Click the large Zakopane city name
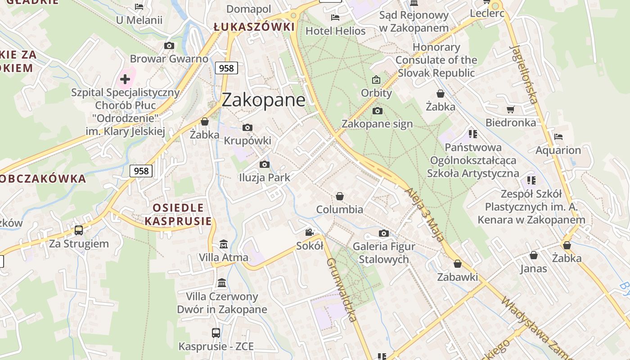pos(263,100)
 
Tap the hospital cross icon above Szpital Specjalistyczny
pos(125,80)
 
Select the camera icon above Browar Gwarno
pos(169,45)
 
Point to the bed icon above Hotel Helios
pos(335,18)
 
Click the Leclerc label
pos(487,13)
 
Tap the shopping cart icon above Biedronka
pos(510,109)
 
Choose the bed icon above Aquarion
pos(558,137)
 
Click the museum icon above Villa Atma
pos(223,244)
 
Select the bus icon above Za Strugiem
pos(79,230)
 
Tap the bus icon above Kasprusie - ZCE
pos(216,333)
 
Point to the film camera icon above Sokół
pos(309,233)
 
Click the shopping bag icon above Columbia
pos(340,196)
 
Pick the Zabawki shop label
pos(458,277)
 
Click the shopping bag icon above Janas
pos(534,256)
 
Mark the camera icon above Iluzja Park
pos(265,164)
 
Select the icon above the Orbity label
pos(376,80)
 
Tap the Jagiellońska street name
pos(524,74)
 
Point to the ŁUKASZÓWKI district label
pos(254,27)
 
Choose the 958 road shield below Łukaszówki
pos(226,68)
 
